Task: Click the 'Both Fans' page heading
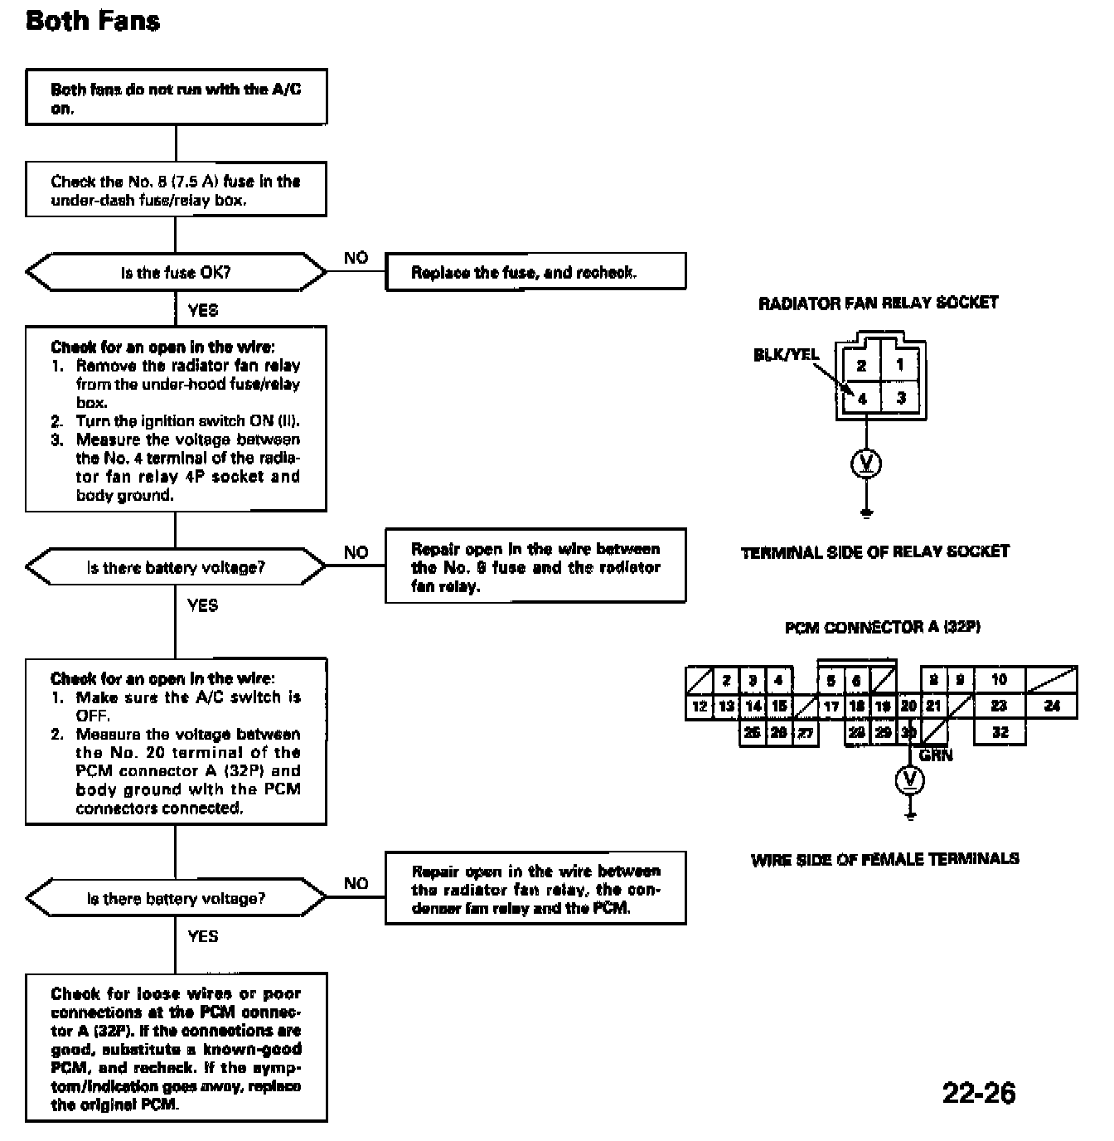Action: point(93,21)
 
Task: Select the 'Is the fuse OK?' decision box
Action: point(176,272)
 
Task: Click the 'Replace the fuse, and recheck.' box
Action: point(535,271)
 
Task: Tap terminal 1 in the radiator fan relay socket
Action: point(899,365)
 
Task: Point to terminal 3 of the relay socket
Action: point(901,398)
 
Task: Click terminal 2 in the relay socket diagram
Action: point(861,366)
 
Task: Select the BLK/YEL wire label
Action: point(786,355)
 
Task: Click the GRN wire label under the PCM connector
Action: point(936,755)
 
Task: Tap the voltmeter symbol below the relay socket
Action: point(866,464)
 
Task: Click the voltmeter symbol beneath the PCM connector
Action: point(909,780)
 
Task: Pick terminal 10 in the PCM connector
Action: point(999,680)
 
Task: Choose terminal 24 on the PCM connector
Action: point(1052,706)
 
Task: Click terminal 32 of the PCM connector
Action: point(1000,732)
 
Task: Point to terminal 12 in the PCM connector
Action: point(699,706)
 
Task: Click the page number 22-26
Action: point(979,1093)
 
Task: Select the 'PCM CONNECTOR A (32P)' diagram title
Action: point(883,628)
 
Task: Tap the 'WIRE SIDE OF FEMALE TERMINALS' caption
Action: point(885,859)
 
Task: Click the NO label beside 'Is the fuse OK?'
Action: point(356,258)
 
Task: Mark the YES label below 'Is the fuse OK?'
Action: point(203,310)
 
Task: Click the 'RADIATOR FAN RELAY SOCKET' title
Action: point(878,303)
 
